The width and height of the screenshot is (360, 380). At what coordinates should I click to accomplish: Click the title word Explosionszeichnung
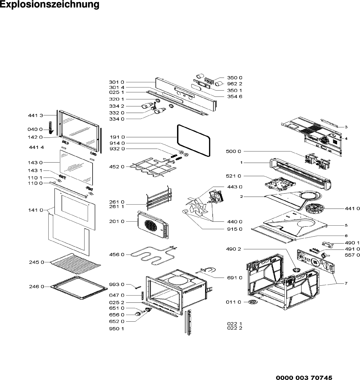pyautogui.click(x=49, y=5)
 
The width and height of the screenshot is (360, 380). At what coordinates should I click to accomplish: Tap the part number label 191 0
pyautogui.click(x=117, y=137)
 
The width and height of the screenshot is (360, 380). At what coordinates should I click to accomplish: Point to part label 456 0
pyautogui.click(x=117, y=255)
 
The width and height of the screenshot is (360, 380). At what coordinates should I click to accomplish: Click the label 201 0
pyautogui.click(x=117, y=222)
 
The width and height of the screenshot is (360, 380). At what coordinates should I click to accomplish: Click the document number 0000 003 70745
pyautogui.click(x=304, y=370)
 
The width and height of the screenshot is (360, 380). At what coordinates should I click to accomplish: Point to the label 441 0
pyautogui.click(x=352, y=208)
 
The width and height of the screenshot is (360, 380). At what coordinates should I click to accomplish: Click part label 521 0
pyautogui.click(x=233, y=176)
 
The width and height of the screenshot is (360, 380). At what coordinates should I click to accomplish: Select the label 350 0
pyautogui.click(x=235, y=78)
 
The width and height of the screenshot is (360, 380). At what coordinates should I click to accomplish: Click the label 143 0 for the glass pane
pyautogui.click(x=35, y=162)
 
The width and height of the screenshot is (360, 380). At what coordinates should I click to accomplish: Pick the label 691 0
pyautogui.click(x=235, y=277)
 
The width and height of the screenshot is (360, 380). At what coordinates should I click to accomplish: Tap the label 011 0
pyautogui.click(x=233, y=302)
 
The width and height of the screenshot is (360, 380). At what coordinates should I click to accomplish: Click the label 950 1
pyautogui.click(x=117, y=329)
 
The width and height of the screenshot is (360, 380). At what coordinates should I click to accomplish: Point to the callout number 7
pyautogui.click(x=346, y=283)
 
